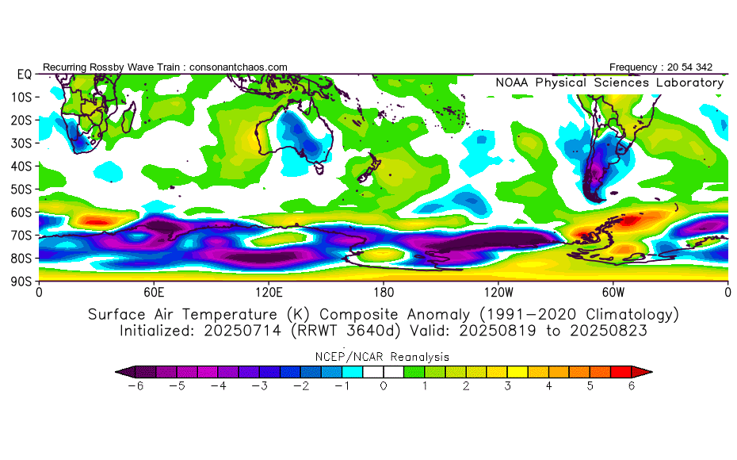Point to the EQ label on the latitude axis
tap(24, 74)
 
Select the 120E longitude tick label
tap(269, 292)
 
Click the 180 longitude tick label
tap(384, 292)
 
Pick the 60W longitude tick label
tap(613, 292)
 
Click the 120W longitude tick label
tap(498, 292)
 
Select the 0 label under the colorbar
tap(384, 386)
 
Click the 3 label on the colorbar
tap(508, 386)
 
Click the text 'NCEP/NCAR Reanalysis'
tap(384, 357)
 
